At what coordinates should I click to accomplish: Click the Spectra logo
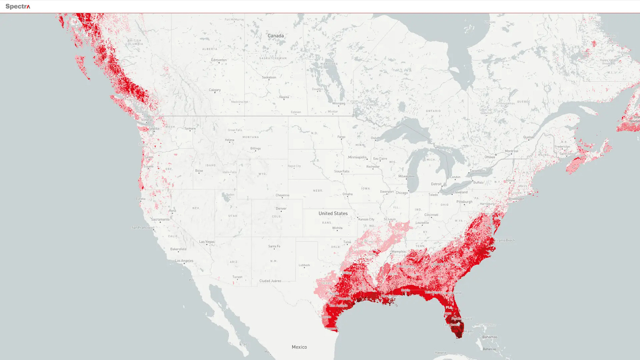click(18, 7)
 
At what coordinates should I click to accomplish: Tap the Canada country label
click(276, 36)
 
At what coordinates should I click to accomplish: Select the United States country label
click(333, 213)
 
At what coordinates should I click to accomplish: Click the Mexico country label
click(299, 347)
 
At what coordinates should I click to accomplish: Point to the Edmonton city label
click(219, 60)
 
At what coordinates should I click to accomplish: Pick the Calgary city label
click(215, 90)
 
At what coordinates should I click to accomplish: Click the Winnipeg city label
click(338, 103)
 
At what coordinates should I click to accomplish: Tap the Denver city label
click(281, 208)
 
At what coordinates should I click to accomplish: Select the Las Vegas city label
click(207, 242)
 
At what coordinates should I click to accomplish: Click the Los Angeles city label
click(184, 261)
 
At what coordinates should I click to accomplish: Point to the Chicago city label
click(401, 193)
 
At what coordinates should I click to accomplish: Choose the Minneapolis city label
click(357, 157)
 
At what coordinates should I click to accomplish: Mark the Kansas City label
click(366, 219)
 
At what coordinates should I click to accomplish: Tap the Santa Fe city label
click(274, 246)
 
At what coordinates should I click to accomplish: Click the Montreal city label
click(511, 151)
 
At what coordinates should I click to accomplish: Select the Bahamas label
click(489, 337)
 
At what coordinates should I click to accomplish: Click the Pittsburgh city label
click(464, 202)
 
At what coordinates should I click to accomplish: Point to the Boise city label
click(199, 171)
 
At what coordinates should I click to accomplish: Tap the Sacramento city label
click(160, 219)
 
